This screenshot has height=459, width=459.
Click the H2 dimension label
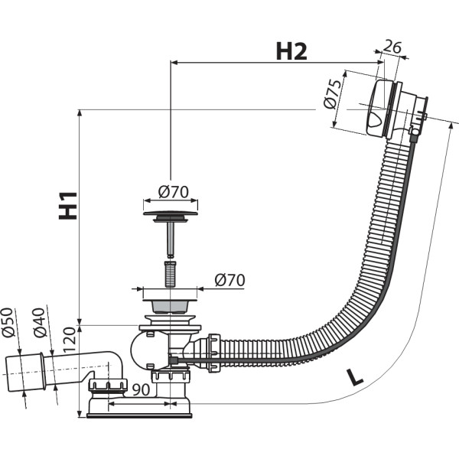click(291, 51)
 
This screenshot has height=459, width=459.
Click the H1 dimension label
click(70, 205)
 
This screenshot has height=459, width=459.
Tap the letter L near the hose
click(354, 376)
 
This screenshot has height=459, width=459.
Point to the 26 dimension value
click(392, 47)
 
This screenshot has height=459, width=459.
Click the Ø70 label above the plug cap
click(174, 191)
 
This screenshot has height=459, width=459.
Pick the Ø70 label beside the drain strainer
click(229, 281)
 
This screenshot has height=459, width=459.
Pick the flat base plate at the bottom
click(138, 414)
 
